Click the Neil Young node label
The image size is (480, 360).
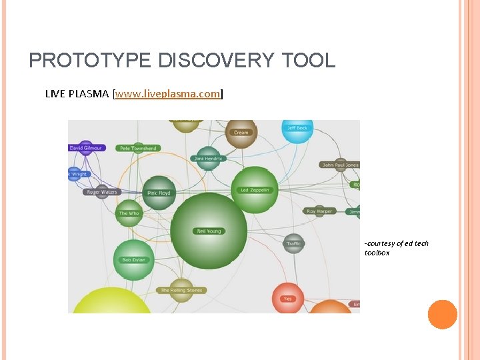(209, 231)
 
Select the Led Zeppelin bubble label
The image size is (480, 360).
(254, 190)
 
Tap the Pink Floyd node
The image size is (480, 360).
(159, 193)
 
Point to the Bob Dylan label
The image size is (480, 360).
(133, 260)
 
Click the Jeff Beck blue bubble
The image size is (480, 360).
(297, 128)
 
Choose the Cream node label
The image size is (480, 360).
(241, 133)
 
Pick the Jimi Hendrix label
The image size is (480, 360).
(209, 159)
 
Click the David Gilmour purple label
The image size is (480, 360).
(86, 147)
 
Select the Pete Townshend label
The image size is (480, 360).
(137, 148)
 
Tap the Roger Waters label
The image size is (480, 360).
(102, 192)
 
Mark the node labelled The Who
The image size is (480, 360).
(129, 213)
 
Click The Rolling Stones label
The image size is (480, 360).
(181, 291)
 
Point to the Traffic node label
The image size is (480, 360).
(294, 243)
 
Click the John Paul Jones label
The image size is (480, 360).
(340, 165)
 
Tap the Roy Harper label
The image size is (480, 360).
(319, 211)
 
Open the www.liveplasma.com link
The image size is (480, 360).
(168, 94)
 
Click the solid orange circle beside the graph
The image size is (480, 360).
(442, 315)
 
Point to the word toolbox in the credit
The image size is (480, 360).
(377, 253)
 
